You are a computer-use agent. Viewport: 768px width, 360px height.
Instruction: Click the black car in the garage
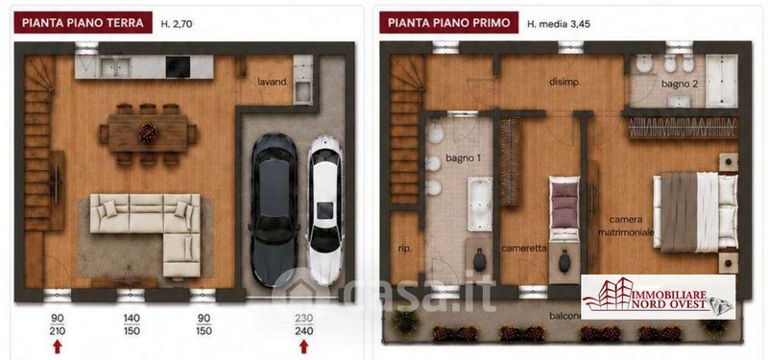(x=274, y=210)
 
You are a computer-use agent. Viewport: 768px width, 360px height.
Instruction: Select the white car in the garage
(x=324, y=210)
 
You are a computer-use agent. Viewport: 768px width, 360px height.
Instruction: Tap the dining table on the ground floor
(x=148, y=133)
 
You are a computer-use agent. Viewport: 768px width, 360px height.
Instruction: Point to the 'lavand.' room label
(x=273, y=83)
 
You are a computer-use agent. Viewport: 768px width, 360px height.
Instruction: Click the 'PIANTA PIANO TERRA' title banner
(x=83, y=22)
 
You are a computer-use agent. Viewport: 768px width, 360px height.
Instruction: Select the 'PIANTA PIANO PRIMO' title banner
(x=448, y=22)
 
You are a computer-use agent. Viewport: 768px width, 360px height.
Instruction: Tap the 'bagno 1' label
(x=460, y=158)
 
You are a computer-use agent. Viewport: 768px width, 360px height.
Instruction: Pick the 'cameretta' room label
(x=523, y=249)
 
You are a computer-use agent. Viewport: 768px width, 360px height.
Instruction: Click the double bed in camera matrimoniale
(x=695, y=212)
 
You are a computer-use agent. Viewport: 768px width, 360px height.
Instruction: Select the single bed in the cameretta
(x=564, y=209)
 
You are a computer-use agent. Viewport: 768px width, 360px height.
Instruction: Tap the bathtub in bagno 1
(x=479, y=204)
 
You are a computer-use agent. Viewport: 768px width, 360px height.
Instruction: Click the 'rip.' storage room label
(x=405, y=249)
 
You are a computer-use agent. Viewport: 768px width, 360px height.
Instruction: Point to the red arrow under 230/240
(x=303, y=347)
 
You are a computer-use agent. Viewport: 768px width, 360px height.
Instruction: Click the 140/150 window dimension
(x=132, y=324)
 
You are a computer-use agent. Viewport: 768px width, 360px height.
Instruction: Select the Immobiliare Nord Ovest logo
(x=659, y=297)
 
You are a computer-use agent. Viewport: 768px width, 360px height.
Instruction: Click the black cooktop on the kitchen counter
(x=178, y=67)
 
